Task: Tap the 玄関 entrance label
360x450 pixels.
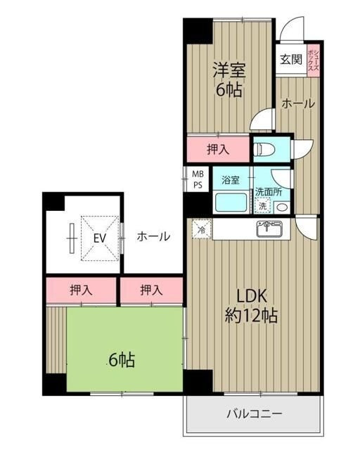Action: [x=291, y=60]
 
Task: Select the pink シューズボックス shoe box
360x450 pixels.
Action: [x=313, y=60]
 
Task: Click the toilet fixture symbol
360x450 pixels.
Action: [x=264, y=149]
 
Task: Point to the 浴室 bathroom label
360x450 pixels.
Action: [x=231, y=180]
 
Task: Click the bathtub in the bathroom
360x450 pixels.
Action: [x=231, y=202]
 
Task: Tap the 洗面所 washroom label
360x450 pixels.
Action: [x=269, y=192]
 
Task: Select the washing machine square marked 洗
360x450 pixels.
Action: [x=262, y=206]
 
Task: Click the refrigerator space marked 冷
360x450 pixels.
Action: [x=202, y=229]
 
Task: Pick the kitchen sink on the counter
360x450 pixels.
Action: [x=269, y=229]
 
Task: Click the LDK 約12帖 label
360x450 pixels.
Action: [x=251, y=306]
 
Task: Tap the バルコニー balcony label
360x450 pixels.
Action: [x=255, y=414]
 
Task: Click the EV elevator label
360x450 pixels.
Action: [x=100, y=238]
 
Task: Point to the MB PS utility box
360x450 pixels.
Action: [x=198, y=179]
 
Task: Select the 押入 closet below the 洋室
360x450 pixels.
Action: [x=218, y=149]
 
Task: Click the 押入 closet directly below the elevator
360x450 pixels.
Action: [x=82, y=290]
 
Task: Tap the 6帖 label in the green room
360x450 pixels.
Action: [x=122, y=360]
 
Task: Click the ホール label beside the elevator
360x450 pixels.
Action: [x=153, y=237]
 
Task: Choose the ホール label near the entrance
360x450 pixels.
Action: [x=298, y=103]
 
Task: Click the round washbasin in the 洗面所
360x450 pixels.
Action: [x=283, y=207]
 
